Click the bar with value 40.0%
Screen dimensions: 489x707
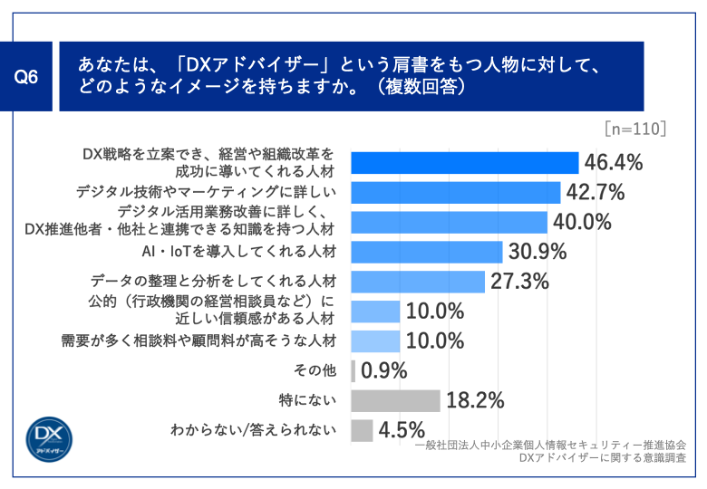click(x=449, y=222)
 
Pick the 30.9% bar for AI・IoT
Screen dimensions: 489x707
click(x=426, y=252)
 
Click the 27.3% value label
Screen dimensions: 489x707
click(x=520, y=282)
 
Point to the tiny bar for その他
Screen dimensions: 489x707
click(x=353, y=370)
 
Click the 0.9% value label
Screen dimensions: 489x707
click(x=384, y=370)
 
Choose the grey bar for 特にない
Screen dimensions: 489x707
click(x=395, y=400)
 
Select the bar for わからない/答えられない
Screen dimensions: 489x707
click(x=362, y=430)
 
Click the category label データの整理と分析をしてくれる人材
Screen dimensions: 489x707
click(x=215, y=282)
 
